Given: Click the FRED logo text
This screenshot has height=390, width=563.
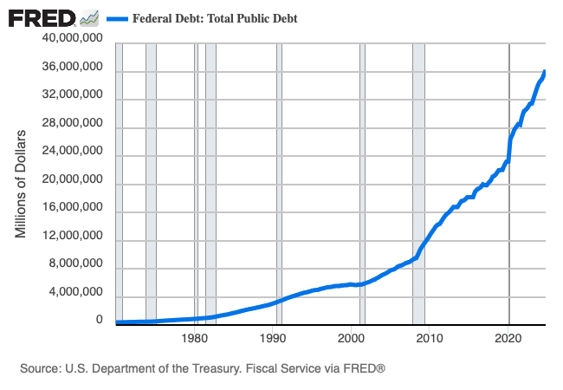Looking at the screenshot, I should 41,17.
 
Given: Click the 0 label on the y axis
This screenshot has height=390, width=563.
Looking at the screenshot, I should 99,321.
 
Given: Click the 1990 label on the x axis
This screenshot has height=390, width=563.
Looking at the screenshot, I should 274,339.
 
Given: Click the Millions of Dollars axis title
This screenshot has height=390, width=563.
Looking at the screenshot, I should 22,184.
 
